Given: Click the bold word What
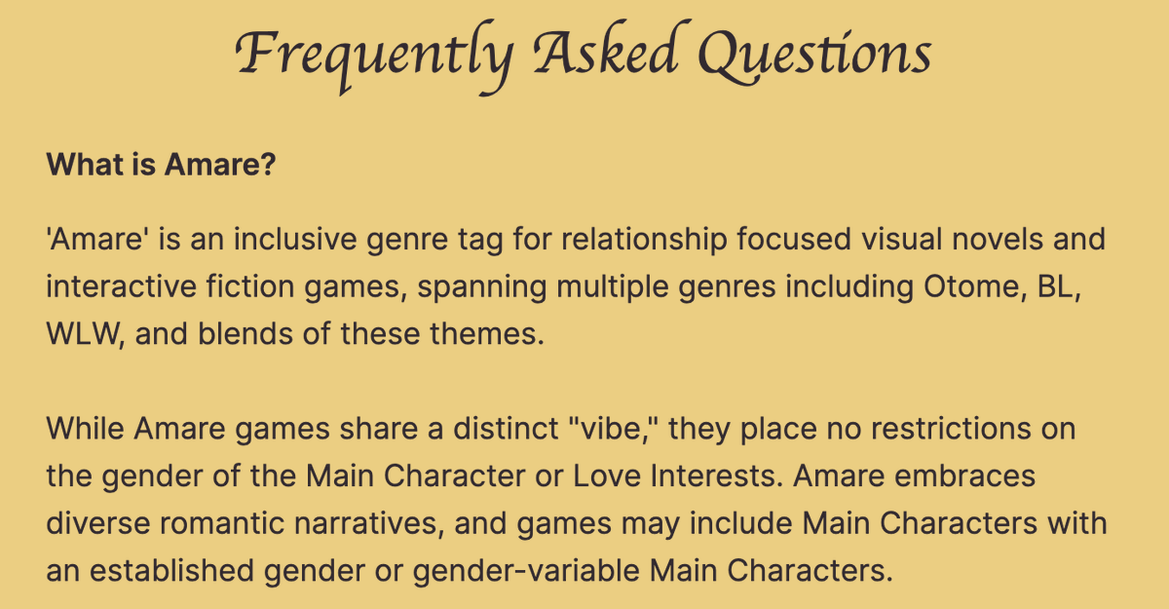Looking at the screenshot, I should [81, 164].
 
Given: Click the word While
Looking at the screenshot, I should [85, 429].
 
